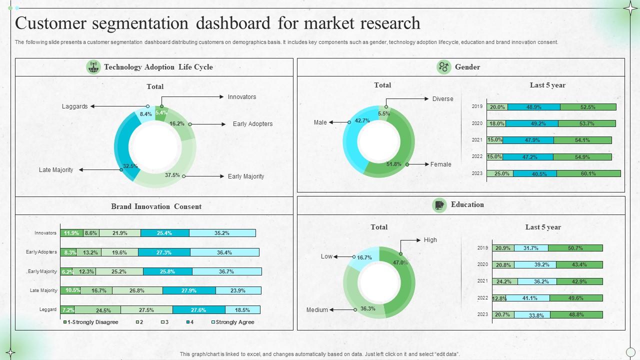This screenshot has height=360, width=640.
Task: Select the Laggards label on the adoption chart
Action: tap(74, 106)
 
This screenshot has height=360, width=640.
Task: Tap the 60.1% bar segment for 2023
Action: tap(588, 173)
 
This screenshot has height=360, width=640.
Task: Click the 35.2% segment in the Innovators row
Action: tap(222, 233)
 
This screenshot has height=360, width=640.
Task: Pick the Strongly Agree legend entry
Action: tap(234, 322)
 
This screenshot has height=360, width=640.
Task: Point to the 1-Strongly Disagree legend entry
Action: tap(93, 322)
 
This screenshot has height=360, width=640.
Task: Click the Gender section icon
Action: tap(443, 67)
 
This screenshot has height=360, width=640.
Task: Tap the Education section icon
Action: tap(439, 205)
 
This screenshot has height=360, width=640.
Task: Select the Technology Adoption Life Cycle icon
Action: tap(93, 67)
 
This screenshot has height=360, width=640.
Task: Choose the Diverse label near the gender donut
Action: tap(442, 99)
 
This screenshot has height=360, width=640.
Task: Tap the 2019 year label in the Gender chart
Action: tap(477, 106)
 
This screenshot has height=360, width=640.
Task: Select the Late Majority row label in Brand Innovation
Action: tap(43, 290)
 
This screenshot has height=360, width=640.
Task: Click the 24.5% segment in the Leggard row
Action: tap(97, 310)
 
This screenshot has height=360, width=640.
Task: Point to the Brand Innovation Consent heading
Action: tap(156, 206)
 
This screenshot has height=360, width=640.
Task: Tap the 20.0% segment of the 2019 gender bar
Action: tap(497, 107)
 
